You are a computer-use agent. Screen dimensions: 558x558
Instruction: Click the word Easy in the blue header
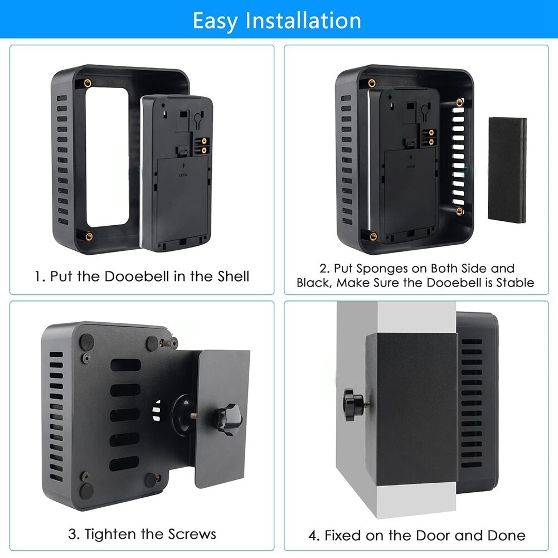tap(215, 21)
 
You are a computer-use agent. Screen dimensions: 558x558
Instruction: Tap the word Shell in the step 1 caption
tap(233, 276)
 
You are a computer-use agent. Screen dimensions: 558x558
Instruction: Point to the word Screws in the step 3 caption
tap(192, 534)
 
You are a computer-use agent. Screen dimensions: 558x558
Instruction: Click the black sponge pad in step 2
tap(507, 170)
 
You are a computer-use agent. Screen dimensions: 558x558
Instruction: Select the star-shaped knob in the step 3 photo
tap(228, 419)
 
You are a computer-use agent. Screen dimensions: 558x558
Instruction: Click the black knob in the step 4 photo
tap(353, 405)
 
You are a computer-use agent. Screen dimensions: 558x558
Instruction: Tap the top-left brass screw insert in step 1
tap(88, 83)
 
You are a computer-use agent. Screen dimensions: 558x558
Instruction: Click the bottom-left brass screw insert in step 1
tap(89, 236)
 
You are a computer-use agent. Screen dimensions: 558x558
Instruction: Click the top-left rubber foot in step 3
tap(86, 342)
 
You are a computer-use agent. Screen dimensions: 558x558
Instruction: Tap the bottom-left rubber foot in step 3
tap(86, 490)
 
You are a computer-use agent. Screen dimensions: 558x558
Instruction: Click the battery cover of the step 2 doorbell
tap(410, 191)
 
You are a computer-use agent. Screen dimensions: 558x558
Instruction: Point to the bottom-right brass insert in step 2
tap(459, 211)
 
